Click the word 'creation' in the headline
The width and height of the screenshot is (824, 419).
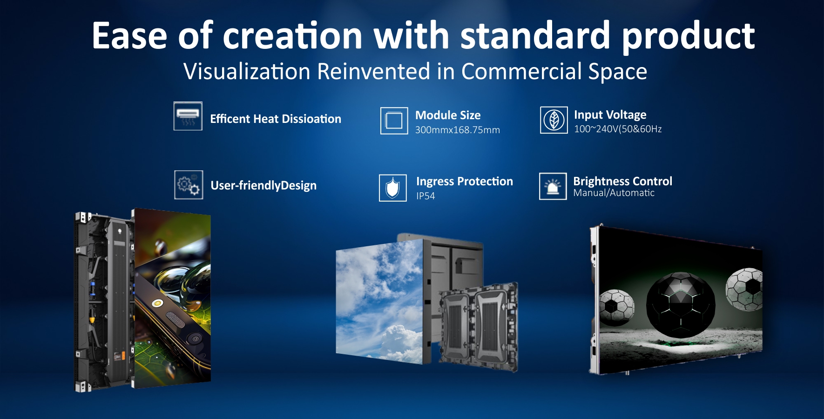(292, 36)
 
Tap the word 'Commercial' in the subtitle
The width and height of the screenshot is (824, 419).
(520, 72)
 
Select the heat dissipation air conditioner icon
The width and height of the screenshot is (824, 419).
(188, 116)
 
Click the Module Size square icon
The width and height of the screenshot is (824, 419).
(394, 121)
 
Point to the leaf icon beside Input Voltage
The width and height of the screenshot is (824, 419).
(554, 120)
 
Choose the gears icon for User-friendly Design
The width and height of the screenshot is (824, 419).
(189, 185)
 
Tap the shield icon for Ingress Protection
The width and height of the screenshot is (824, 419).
(393, 188)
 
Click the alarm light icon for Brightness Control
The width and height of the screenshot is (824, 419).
(553, 186)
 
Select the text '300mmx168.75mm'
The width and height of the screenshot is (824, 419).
(457, 130)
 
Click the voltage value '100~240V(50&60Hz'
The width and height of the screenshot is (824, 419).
(618, 129)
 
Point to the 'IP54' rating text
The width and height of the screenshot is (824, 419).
(426, 196)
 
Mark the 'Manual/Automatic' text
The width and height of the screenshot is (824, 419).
(614, 193)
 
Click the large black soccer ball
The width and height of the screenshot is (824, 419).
(681, 305)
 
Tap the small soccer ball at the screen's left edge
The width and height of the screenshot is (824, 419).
(616, 308)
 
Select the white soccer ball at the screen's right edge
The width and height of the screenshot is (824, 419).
(744, 289)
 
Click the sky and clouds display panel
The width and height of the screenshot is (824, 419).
(380, 302)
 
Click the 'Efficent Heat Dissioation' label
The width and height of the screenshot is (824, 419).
(276, 119)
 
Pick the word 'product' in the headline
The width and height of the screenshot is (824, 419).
(688, 36)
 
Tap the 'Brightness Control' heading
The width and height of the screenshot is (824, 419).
(622, 181)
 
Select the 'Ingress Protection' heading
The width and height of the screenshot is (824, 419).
(465, 182)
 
